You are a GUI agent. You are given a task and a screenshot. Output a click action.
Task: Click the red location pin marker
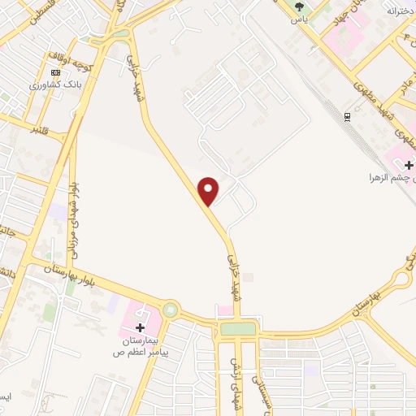(210, 190)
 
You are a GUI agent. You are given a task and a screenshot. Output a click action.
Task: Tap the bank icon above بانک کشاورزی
(55, 71)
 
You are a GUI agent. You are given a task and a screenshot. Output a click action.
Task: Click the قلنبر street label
(41, 130)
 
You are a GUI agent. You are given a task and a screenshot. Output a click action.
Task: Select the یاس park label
(300, 18)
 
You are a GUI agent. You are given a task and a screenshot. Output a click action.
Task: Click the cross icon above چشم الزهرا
(408, 165)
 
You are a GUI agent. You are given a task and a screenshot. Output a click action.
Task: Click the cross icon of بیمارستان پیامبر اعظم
(141, 327)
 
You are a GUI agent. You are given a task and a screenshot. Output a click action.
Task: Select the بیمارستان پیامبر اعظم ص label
(138, 349)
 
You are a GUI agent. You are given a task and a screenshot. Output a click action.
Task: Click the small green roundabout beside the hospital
(171, 310)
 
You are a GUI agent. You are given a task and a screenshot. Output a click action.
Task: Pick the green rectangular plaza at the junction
(237, 329)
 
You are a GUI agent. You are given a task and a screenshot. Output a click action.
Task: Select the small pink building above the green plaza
(224, 310)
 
